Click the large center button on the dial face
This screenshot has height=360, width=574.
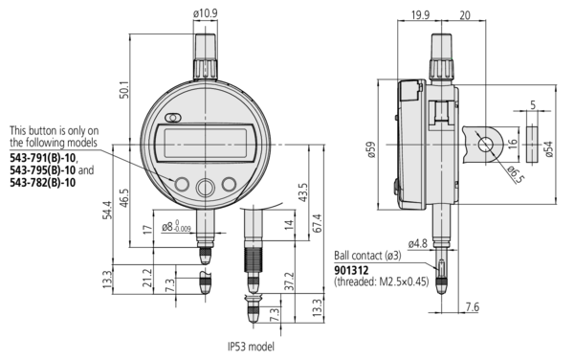pyautogui.click(x=205, y=188)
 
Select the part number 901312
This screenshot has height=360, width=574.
pyautogui.click(x=353, y=270)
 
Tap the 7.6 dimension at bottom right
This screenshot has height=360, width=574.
pyautogui.click(x=473, y=307)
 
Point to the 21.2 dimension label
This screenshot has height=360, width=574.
pyautogui.click(x=144, y=278)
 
